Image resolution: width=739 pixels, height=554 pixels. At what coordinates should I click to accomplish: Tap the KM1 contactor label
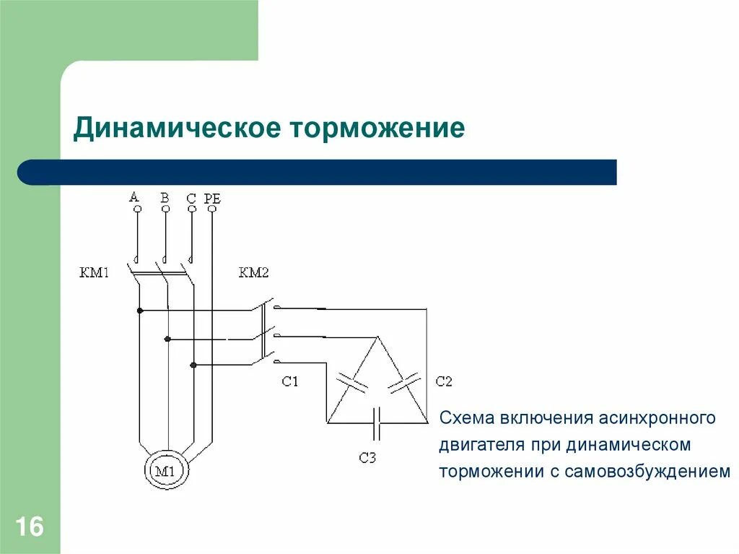[x=95, y=273]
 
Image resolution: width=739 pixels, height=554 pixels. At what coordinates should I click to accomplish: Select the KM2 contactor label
[x=253, y=273]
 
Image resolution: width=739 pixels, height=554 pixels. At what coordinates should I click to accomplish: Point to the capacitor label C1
[x=289, y=381]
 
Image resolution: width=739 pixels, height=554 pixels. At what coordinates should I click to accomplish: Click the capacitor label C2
[x=444, y=381]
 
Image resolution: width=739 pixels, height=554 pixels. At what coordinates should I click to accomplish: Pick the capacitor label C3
[x=367, y=457]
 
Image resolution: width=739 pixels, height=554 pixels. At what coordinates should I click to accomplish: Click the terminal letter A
[x=134, y=196]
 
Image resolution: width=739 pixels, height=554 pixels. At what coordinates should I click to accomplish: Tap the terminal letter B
[x=165, y=196]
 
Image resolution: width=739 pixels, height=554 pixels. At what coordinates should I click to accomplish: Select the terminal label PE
[x=212, y=196]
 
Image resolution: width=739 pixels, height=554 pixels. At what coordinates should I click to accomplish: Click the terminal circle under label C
[x=191, y=209]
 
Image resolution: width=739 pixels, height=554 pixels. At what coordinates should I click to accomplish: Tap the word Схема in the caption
[x=465, y=418]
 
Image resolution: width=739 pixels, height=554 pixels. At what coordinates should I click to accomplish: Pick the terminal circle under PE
[x=212, y=209]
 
